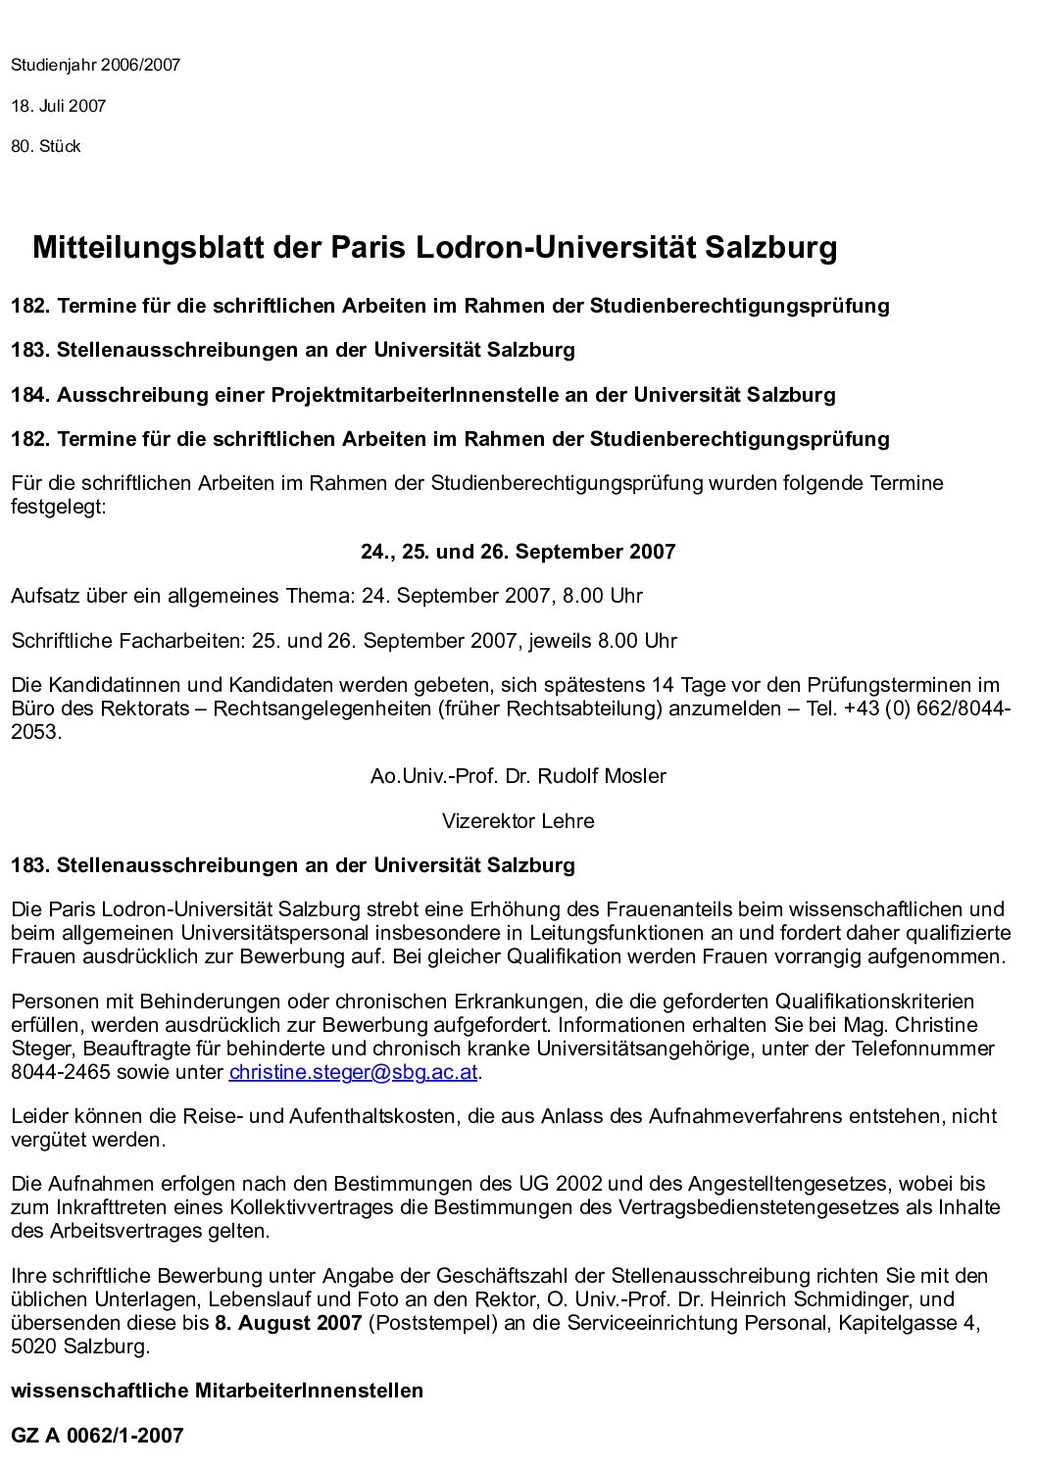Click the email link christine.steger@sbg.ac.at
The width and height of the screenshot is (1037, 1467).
click(x=353, y=1071)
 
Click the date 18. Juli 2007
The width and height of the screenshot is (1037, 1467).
click(x=59, y=106)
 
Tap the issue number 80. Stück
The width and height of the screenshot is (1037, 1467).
click(x=46, y=147)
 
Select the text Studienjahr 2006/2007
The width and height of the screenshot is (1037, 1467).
click(x=96, y=66)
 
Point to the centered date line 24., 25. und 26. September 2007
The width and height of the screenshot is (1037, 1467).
click(x=518, y=552)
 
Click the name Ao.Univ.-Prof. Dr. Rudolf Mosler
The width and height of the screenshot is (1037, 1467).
click(x=518, y=776)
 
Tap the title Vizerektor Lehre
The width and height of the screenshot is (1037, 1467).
click(x=518, y=821)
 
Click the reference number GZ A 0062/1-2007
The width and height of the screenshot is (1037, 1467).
click(x=97, y=1436)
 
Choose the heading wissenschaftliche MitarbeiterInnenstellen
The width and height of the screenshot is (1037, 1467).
click(x=217, y=1391)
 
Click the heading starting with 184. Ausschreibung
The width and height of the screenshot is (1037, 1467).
click(x=422, y=395)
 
